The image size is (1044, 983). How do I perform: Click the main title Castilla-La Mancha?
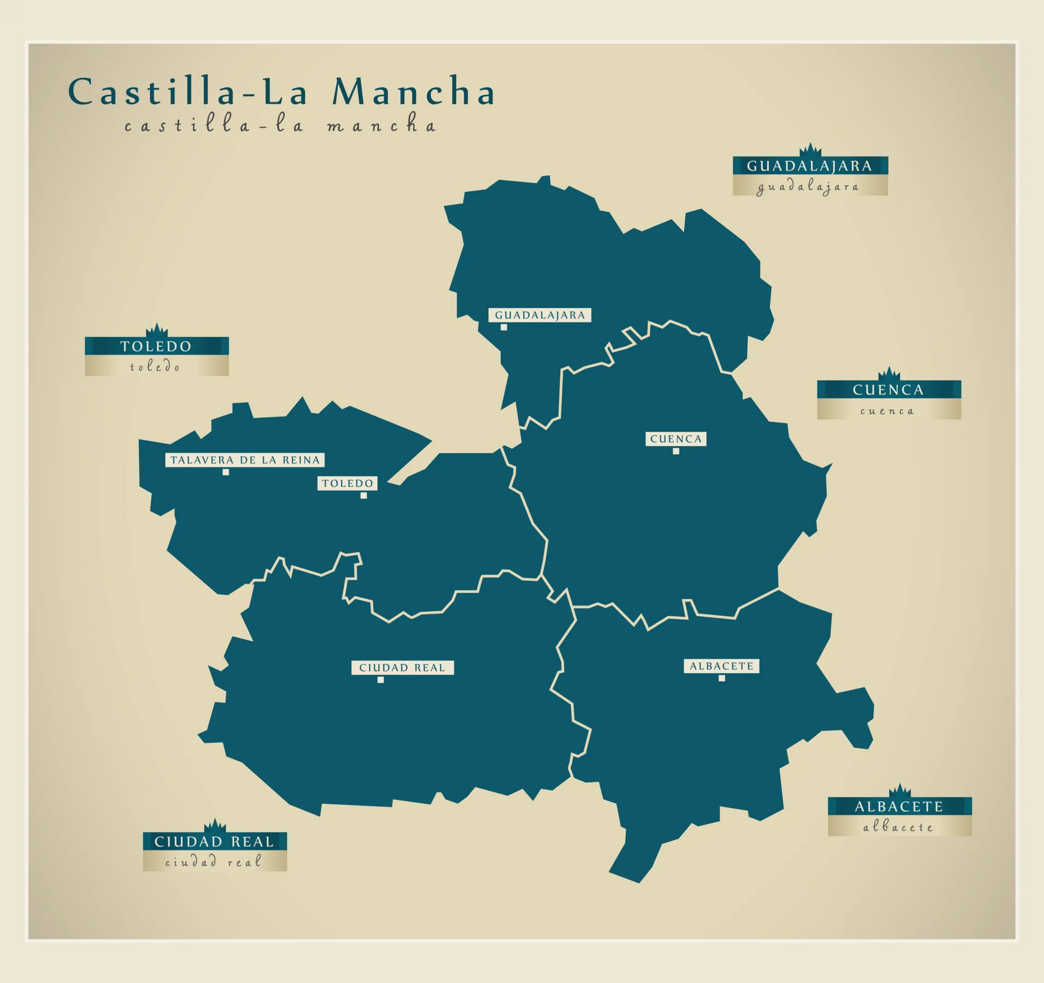281,91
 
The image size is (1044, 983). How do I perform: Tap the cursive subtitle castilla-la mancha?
280,125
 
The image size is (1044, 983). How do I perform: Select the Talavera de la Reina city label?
245,460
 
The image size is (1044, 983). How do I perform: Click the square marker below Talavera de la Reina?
226,472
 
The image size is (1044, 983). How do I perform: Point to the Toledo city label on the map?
347,483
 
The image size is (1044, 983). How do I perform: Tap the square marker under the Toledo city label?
364,496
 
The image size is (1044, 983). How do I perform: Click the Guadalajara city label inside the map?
540,315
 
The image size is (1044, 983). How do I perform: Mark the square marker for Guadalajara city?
504,327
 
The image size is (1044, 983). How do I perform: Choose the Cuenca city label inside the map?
676,439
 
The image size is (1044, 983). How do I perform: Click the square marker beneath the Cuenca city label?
676,451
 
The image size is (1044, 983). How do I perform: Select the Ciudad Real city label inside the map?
402,667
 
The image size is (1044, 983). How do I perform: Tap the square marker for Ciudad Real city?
381,679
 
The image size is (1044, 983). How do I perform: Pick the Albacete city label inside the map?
722,666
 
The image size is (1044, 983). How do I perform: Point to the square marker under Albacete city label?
722,678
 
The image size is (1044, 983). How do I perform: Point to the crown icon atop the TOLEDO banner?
157,330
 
